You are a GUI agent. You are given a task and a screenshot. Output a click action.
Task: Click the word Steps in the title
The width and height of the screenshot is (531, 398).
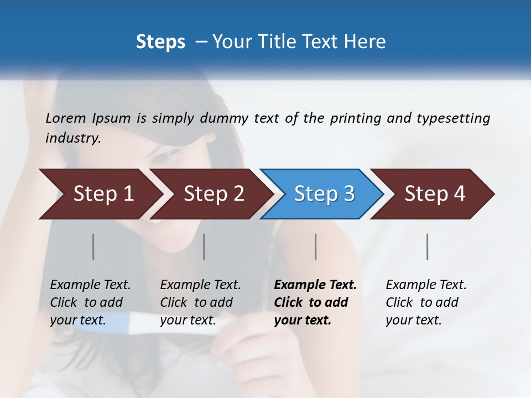pos(160,41)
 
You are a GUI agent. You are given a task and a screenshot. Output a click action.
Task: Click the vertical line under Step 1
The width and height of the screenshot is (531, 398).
pos(93,247)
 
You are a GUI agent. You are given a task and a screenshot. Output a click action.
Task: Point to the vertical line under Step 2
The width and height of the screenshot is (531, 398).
pos(204,247)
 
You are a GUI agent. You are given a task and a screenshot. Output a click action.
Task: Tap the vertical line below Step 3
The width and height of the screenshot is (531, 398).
pos(315,247)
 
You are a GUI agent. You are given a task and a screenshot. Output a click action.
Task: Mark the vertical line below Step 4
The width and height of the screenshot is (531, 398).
pos(427,247)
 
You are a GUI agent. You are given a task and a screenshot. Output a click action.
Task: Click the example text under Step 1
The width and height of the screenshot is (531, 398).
pos(90,302)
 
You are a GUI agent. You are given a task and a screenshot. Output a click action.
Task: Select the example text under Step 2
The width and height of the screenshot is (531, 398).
pos(200,302)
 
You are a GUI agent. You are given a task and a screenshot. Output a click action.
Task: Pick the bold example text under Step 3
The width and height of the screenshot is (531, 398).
pos(314,302)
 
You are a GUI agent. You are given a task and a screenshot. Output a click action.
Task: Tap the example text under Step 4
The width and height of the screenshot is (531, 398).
pos(425,302)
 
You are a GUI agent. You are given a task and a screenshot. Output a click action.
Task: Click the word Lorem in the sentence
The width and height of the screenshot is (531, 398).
pos(66,118)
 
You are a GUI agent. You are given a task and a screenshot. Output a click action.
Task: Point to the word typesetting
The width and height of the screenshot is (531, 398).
pos(453,118)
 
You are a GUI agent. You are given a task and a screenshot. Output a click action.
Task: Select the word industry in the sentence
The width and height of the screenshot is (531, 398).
pos(72,138)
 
